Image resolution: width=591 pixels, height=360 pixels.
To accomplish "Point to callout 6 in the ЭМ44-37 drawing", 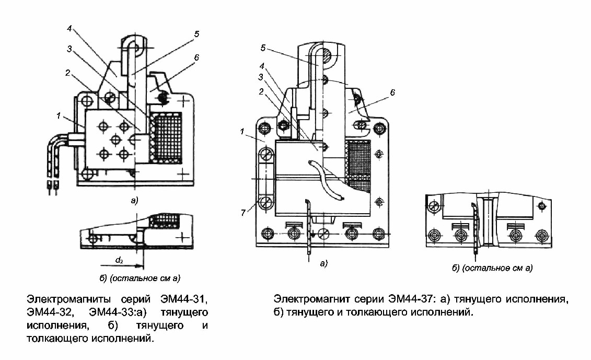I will (x=392, y=92).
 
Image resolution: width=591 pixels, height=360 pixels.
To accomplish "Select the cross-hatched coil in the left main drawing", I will (x=165, y=138).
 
